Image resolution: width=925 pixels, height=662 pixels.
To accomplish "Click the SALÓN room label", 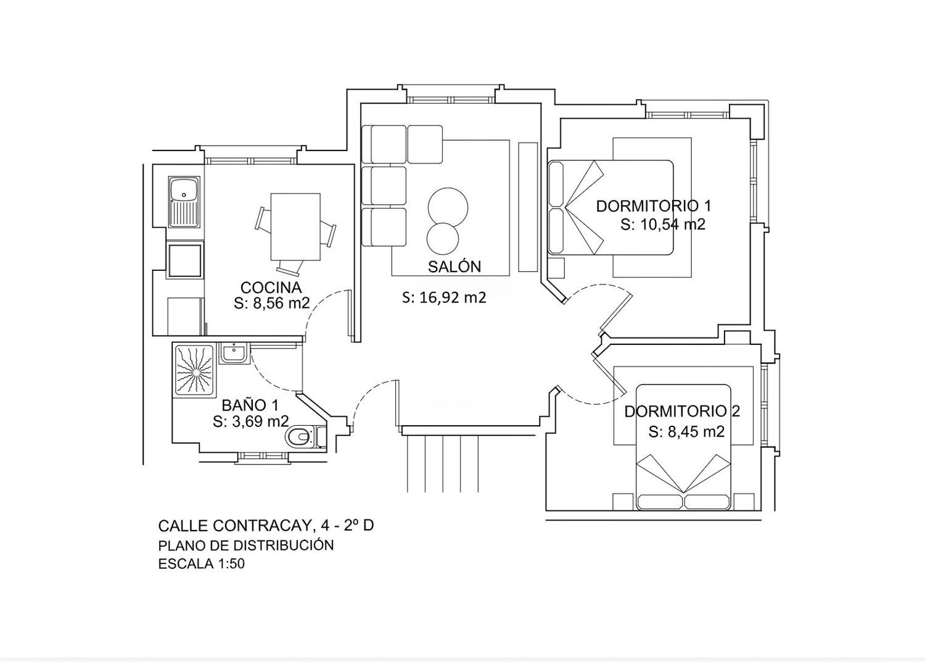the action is click(x=454, y=267).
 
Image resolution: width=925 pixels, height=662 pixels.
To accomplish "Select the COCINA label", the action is click(x=271, y=288).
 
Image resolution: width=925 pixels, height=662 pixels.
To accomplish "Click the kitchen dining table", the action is click(x=295, y=226).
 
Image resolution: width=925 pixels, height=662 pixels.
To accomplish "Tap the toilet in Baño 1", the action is click(x=298, y=437).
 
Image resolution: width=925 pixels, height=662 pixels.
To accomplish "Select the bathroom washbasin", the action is click(x=234, y=354).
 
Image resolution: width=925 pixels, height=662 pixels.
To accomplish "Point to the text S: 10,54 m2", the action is click(x=662, y=225).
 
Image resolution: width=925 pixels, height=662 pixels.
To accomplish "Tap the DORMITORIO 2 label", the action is click(x=682, y=411).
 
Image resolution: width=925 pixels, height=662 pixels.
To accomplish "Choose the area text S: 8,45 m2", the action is click(x=686, y=432).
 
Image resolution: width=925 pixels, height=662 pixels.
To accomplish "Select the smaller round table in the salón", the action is click(x=443, y=239).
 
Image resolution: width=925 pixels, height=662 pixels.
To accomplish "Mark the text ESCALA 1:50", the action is click(x=202, y=564).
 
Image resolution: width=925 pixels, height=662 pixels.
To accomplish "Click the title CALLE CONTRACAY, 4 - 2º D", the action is click(x=266, y=526).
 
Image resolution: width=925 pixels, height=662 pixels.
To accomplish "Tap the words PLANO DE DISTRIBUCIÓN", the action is click(x=245, y=545).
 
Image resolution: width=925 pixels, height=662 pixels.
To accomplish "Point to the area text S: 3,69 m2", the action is click(x=250, y=421).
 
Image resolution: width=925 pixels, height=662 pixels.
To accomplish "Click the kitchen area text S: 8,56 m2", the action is click(x=271, y=304).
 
